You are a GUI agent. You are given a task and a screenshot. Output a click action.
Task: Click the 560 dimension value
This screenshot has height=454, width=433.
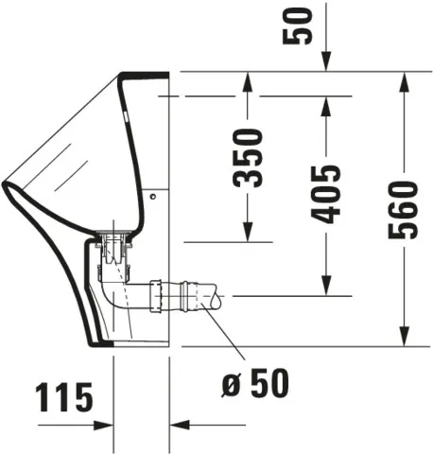pyautogui.click(x=405, y=209)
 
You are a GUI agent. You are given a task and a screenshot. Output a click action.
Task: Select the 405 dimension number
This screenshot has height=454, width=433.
pyautogui.click(x=326, y=194)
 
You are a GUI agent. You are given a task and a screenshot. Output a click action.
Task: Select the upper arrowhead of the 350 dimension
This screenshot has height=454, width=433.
pyautogui.click(x=249, y=80)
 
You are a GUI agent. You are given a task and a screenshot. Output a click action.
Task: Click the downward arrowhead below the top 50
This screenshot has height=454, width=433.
pyautogui.click(x=326, y=62)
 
